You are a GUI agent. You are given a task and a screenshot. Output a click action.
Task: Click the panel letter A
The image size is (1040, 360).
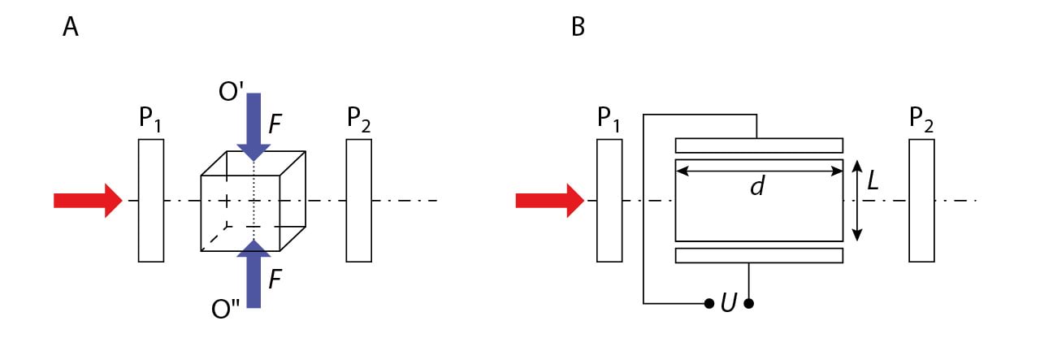coord(71,28)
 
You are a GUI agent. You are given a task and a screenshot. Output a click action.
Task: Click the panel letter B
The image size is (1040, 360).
coord(578,28)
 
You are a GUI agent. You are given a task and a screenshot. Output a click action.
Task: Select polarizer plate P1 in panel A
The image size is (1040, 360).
coord(151,201)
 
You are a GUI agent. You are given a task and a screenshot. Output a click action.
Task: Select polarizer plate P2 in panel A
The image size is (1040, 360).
coord(359,201)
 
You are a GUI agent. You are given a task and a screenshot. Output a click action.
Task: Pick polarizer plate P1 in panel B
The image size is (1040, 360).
coord(609,201)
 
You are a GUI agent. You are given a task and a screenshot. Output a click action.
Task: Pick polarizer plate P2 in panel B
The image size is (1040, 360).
coord(922,201)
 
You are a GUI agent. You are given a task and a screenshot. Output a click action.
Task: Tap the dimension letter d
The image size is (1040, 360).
coord(757,187)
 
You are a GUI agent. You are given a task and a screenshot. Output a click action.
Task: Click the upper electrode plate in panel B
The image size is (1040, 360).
coord(759,145)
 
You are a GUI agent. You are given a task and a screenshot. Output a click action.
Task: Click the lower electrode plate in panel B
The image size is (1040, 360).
coord(759,256)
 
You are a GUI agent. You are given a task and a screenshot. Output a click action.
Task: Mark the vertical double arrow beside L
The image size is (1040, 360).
coord(856,201)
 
